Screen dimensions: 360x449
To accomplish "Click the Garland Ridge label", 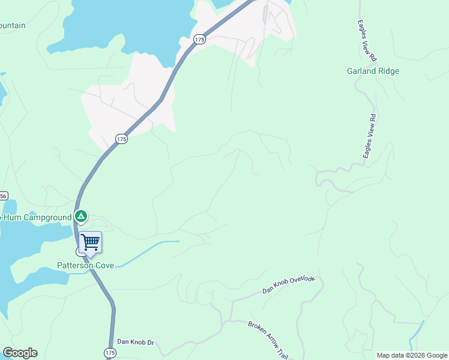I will click(373, 71).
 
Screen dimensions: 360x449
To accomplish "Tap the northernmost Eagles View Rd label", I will click(366, 42).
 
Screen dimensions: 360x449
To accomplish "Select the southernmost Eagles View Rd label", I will click(369, 136).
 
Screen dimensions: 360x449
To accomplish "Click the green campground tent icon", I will click(81, 217).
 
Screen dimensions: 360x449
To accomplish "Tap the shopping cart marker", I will click(90, 243).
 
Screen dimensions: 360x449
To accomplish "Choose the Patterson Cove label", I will click(85, 265).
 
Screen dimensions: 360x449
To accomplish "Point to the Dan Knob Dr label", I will click(136, 342).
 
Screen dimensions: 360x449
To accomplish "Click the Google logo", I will click(20, 353).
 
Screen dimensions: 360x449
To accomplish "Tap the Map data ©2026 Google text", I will click(412, 355).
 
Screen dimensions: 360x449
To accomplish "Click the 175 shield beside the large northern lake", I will click(200, 39).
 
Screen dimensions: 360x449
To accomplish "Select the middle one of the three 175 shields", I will click(122, 139).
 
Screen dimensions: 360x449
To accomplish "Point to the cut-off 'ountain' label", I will click(13, 25).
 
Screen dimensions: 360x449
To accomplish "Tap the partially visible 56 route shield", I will click(4, 196).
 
